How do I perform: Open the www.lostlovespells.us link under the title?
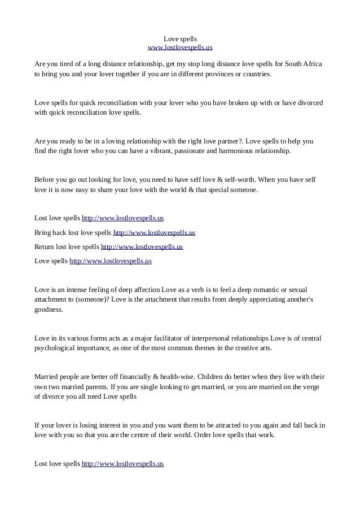[180, 47]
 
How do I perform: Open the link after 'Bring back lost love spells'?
[154, 232]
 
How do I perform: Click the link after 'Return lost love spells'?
[142, 247]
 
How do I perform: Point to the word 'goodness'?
[49, 310]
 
